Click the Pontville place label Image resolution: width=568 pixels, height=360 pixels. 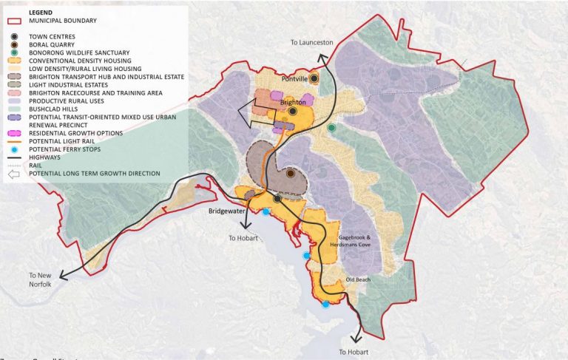(294, 78)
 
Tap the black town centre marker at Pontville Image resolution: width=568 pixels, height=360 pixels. (314, 78)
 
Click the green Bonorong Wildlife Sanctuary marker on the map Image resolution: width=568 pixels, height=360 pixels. (332, 128)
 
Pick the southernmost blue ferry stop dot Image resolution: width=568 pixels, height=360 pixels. (325, 304)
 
